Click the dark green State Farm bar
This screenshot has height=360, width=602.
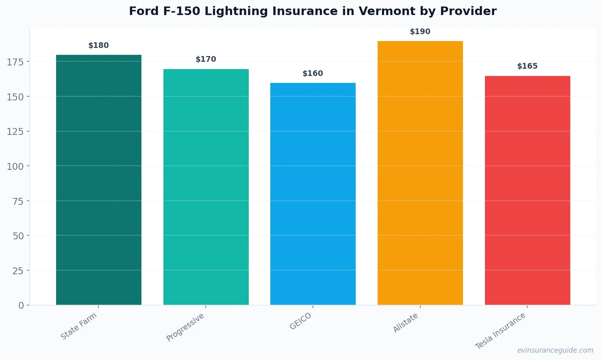coord(99,180)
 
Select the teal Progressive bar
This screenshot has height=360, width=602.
coord(206,187)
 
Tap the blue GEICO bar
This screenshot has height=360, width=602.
coord(313,194)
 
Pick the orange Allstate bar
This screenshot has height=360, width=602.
coord(420,173)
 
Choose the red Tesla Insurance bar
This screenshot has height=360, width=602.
coord(527,190)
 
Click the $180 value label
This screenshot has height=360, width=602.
coord(99,46)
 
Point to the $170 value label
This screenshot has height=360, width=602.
coord(206,59)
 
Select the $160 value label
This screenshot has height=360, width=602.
coord(313,74)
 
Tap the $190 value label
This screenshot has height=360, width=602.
coord(420,32)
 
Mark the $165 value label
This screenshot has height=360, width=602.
coord(527,66)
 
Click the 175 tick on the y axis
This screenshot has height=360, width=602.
coord(15,62)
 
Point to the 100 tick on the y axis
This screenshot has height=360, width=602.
coord(15,166)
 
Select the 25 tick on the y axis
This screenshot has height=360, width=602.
coord(18,271)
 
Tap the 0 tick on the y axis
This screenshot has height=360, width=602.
coord(21,306)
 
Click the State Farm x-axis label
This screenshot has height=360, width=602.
coord(79,326)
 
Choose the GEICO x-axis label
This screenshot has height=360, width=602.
coord(301,321)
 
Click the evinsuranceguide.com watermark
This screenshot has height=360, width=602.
coord(555,350)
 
